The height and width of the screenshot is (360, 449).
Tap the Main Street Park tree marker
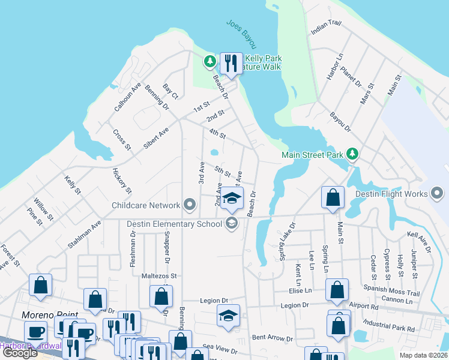point(352,155)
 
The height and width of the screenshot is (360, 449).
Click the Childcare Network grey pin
point(190,205)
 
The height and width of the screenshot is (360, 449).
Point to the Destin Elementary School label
point(175,224)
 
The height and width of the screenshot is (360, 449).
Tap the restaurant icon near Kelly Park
point(231,62)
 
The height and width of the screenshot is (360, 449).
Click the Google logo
point(20,353)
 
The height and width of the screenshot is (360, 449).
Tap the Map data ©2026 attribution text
point(423,355)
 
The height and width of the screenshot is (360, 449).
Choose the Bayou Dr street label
point(340,120)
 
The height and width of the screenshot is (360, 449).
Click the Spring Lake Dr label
point(288,242)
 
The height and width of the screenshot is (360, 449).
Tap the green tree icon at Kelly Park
point(209,61)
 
